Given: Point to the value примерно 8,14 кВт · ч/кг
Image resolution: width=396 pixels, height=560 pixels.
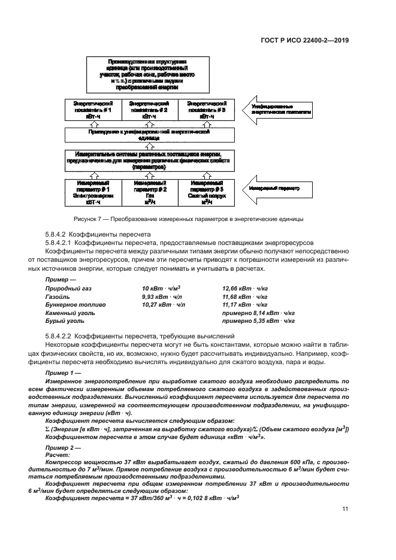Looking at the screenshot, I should coord(258,312).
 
